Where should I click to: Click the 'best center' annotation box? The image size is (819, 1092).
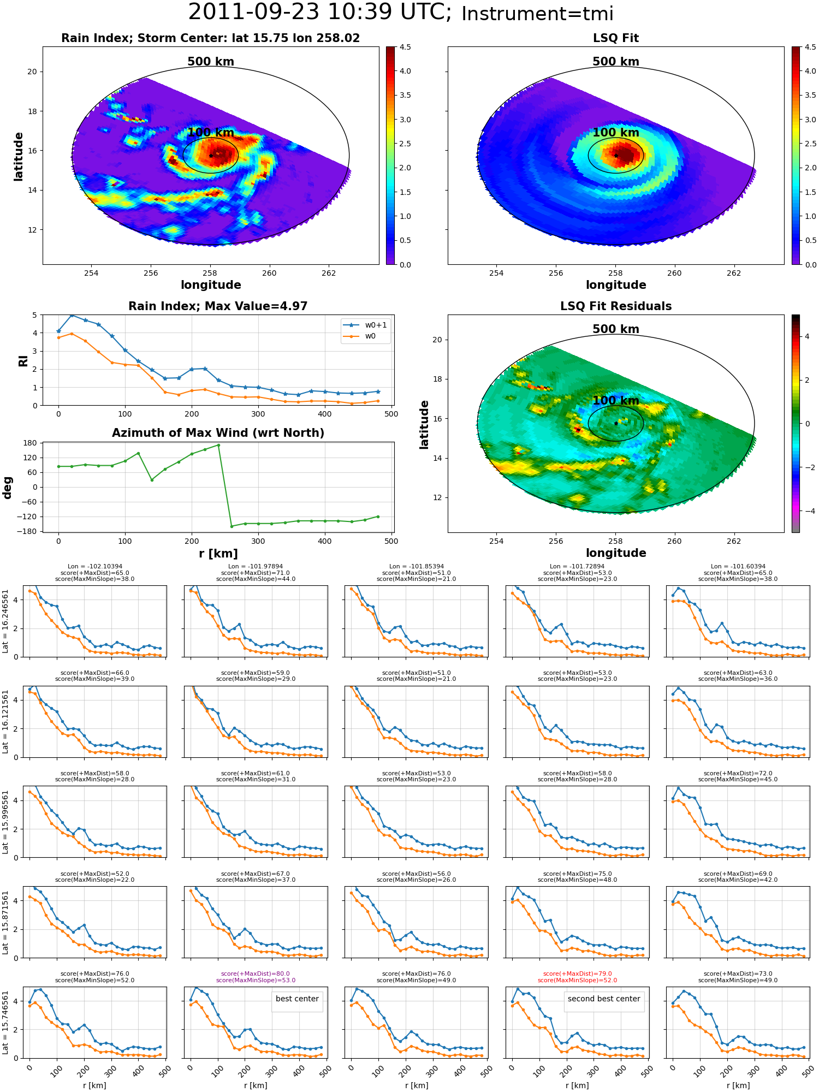[297, 999]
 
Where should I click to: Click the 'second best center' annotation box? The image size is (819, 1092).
[604, 999]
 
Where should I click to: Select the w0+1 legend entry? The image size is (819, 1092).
[365, 325]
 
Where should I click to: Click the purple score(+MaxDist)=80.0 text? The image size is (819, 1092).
[256, 974]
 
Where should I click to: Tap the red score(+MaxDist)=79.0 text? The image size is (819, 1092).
[577, 974]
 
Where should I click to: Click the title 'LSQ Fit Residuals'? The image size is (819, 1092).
[616, 306]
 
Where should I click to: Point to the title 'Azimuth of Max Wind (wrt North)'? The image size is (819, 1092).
[218, 433]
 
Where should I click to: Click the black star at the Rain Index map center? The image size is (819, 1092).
[211, 156]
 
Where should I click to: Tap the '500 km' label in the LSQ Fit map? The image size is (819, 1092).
[616, 62]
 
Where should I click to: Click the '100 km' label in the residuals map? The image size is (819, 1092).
[616, 401]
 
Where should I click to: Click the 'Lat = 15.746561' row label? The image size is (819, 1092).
[5, 1022]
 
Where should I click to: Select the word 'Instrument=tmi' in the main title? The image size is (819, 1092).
[537, 14]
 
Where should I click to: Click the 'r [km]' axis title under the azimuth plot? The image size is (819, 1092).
[218, 554]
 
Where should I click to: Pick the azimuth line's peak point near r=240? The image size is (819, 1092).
[218, 445]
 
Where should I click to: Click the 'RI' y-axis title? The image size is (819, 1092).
[23, 361]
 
